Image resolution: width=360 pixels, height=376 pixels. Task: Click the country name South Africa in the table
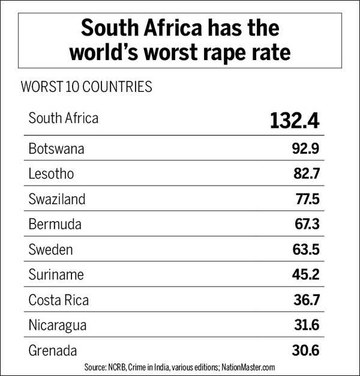63,118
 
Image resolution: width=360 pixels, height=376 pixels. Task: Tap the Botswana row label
56,149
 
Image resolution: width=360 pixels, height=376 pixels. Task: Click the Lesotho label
52,174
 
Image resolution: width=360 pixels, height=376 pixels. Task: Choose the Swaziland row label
57,199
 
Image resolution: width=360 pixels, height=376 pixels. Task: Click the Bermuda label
54,225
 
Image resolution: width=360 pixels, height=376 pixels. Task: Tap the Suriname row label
56,274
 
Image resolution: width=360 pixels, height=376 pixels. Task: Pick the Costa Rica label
59,300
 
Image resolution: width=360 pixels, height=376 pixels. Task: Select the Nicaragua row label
58,325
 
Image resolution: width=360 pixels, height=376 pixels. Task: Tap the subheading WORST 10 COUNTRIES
86,86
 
